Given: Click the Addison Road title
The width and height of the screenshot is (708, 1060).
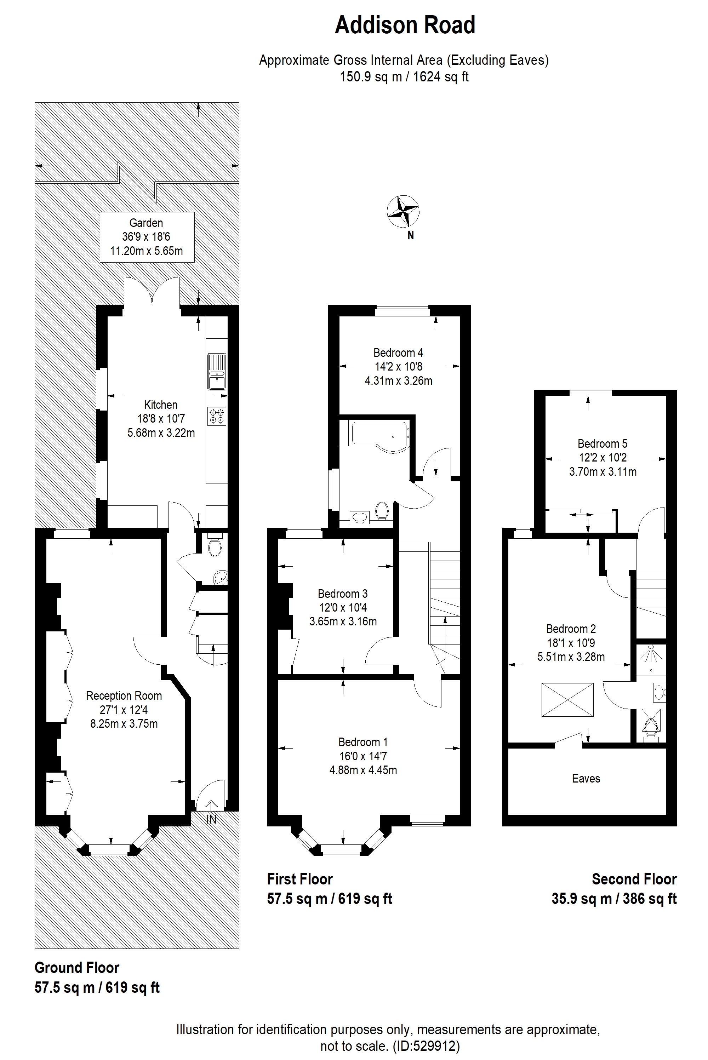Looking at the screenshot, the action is [405, 25].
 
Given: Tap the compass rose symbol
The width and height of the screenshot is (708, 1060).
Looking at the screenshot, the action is [403, 211].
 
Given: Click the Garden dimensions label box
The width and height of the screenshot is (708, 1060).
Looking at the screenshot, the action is [147, 237].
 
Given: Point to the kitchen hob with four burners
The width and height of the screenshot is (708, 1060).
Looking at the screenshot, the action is [217, 416].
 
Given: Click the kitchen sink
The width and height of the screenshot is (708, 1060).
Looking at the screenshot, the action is [217, 372].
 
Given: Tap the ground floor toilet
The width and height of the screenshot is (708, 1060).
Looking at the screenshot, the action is [215, 546].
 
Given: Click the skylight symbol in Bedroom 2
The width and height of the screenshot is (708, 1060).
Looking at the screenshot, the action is [567, 700].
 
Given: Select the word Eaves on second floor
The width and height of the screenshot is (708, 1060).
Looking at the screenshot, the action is [586, 778].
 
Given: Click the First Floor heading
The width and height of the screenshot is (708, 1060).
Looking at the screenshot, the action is [300, 879].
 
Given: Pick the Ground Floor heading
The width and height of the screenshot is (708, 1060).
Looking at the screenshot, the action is [77, 968].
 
